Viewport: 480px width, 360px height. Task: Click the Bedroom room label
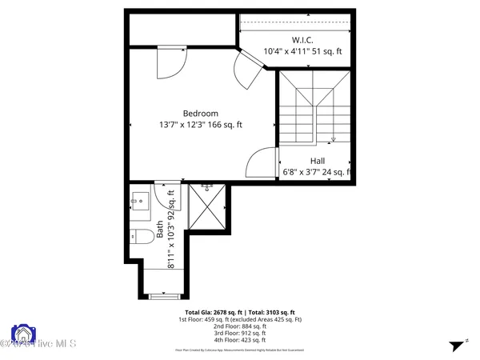pyautogui.click(x=200, y=114)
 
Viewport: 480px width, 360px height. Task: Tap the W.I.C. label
pyautogui.click(x=302, y=40)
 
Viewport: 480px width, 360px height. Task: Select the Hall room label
pyautogui.click(x=318, y=161)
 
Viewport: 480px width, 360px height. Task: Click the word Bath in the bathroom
pyautogui.click(x=160, y=230)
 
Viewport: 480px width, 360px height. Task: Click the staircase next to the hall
pyautogui.click(x=315, y=112)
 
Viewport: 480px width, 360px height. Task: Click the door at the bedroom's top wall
pyautogui.click(x=171, y=62)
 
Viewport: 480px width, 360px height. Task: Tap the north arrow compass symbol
pyautogui.click(x=455, y=345)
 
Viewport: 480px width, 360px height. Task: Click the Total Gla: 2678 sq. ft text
pyautogui.click(x=212, y=312)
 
